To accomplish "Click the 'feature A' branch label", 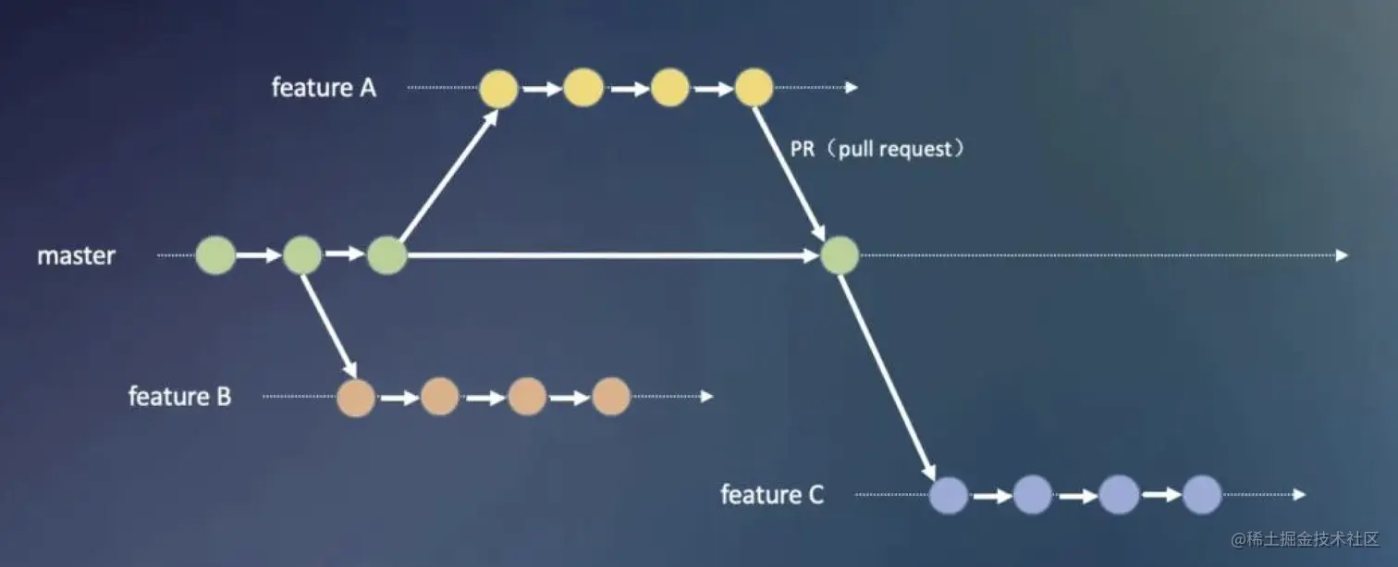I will click(x=324, y=88).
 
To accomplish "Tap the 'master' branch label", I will click(x=76, y=255).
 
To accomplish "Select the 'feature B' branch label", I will click(x=179, y=397).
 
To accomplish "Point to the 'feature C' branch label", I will click(x=772, y=495).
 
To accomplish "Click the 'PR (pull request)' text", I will click(x=877, y=149).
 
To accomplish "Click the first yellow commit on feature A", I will click(x=498, y=88).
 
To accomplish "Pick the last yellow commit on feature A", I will click(x=754, y=88).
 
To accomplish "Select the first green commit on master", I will click(x=215, y=255).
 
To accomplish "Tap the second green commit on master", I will click(x=302, y=255).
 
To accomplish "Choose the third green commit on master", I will click(x=387, y=255).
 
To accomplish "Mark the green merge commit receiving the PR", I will click(x=840, y=255).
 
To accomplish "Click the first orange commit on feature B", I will click(x=356, y=398).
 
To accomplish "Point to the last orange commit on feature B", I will click(x=610, y=398).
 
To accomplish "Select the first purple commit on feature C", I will click(x=949, y=495).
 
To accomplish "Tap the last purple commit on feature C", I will click(x=1202, y=495).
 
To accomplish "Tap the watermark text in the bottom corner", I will click(x=1304, y=539).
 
